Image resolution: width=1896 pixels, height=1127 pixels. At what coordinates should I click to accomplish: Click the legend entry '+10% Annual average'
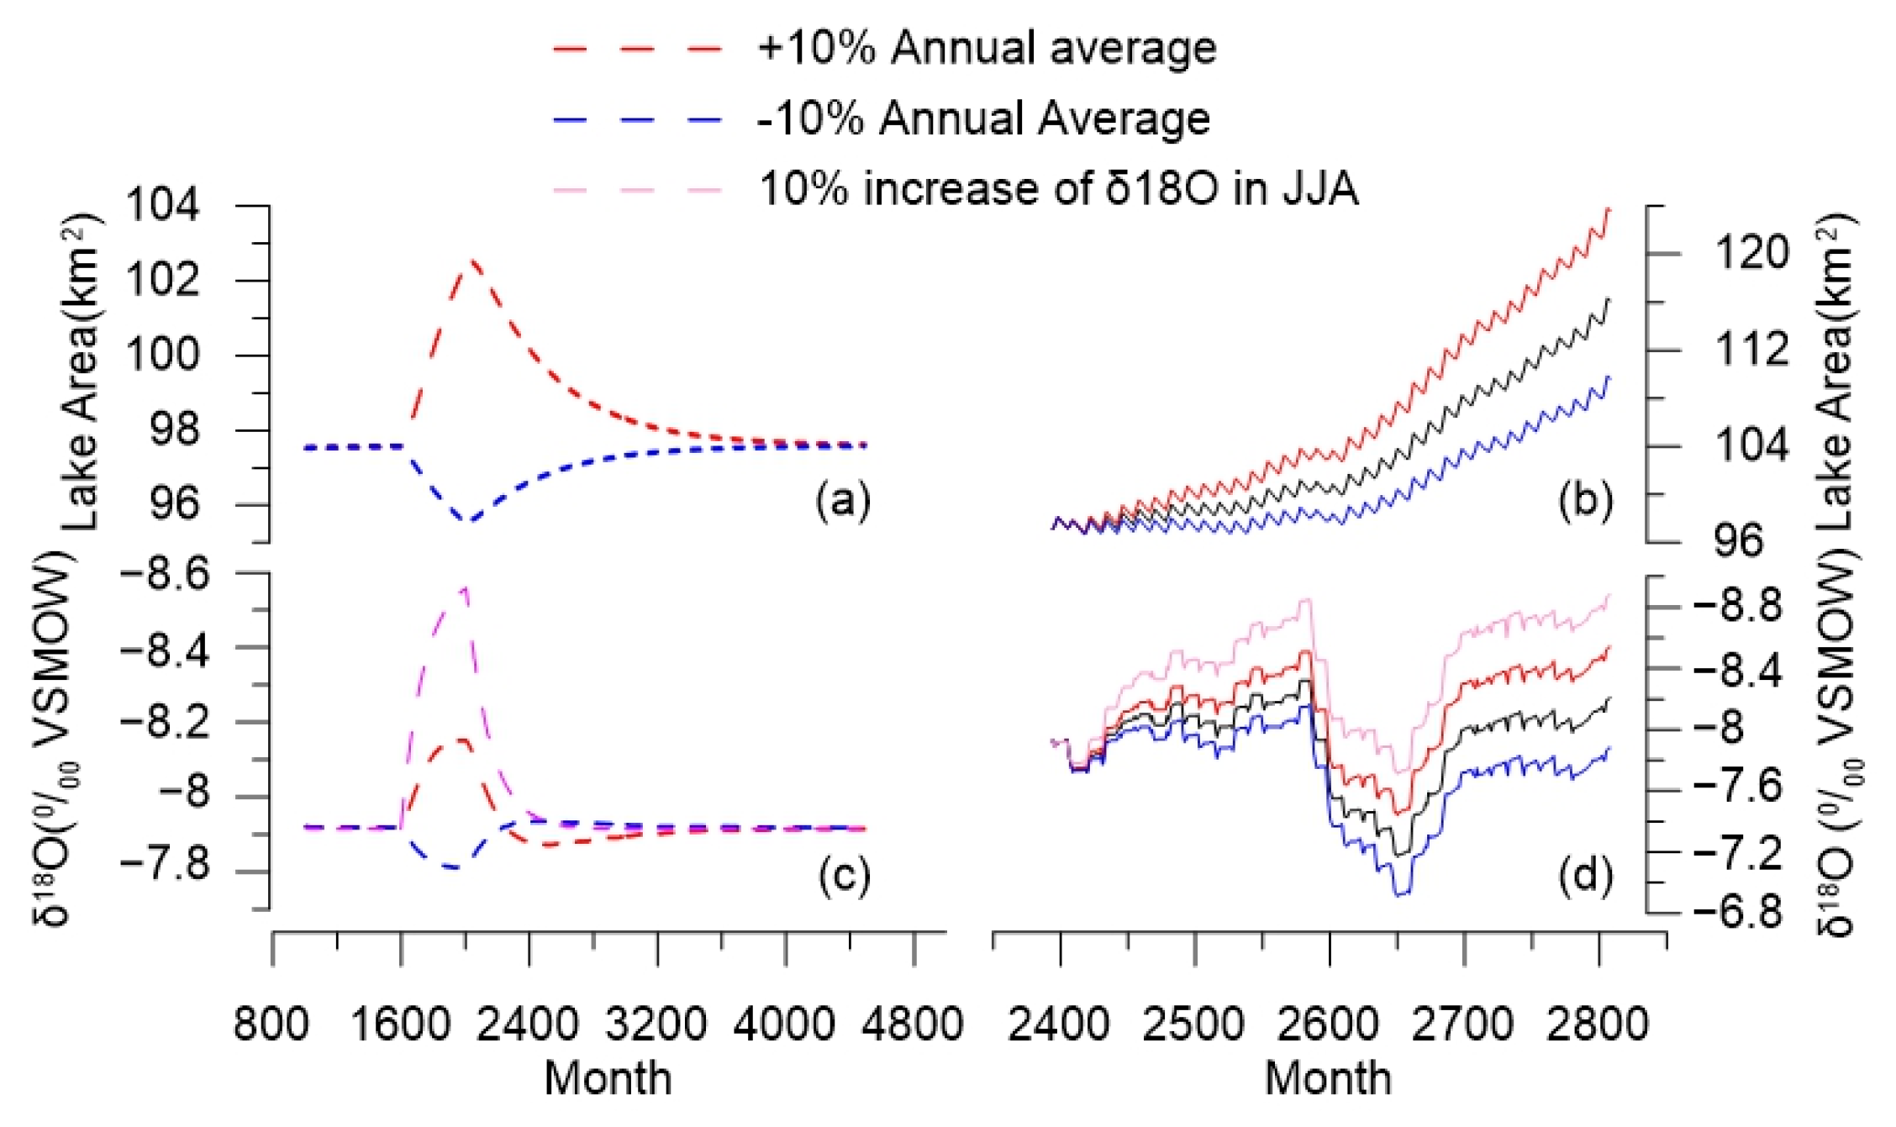(x=985, y=48)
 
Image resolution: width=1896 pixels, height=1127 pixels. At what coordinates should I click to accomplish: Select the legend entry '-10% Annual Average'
(x=982, y=118)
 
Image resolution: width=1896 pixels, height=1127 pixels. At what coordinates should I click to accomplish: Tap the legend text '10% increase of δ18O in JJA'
(x=1057, y=188)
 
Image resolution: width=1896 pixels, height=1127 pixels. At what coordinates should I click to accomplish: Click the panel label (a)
(x=843, y=502)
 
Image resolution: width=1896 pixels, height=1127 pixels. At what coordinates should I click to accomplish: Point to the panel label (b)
(x=1585, y=502)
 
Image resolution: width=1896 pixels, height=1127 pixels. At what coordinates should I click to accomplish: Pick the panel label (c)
(x=843, y=876)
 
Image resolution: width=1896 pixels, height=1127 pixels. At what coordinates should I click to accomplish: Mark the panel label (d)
(x=1585, y=876)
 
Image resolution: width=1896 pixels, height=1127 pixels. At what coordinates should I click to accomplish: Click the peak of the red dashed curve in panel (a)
(x=471, y=261)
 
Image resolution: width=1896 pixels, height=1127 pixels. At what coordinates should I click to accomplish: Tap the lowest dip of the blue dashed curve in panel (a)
(x=471, y=521)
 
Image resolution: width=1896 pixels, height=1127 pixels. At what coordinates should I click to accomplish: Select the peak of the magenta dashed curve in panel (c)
(x=464, y=588)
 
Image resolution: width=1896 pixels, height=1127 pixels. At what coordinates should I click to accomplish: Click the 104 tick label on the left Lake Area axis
(x=163, y=205)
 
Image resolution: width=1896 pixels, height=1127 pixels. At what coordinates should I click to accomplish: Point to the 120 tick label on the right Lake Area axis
(x=1751, y=253)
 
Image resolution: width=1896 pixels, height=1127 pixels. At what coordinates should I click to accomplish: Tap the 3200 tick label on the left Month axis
(x=656, y=1025)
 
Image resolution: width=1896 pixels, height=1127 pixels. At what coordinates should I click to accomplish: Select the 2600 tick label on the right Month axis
(x=1329, y=1025)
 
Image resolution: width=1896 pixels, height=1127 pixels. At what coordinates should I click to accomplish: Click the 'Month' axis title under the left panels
(x=608, y=1079)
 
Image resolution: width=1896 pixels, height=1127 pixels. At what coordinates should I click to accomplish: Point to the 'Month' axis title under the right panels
(x=1329, y=1079)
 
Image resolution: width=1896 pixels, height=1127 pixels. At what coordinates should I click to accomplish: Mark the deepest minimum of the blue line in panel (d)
(x=1401, y=895)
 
